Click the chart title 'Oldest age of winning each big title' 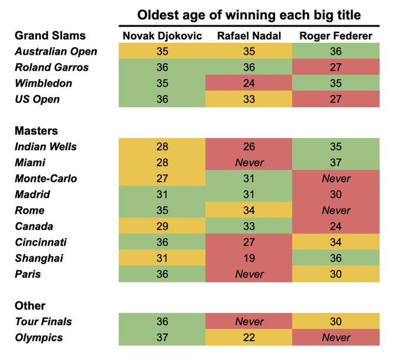click(x=249, y=15)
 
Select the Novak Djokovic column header click(x=162, y=36)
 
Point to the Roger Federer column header click(x=336, y=36)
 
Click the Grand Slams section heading click(x=50, y=36)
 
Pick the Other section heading click(x=29, y=306)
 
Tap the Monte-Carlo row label click(x=46, y=179)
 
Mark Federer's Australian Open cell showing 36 click(x=336, y=51)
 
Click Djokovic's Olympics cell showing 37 click(x=162, y=338)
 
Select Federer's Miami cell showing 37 click(x=336, y=163)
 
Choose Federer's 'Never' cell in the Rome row click(x=336, y=210)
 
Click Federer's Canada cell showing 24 click(x=336, y=226)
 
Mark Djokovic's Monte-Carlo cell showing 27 click(x=162, y=179)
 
